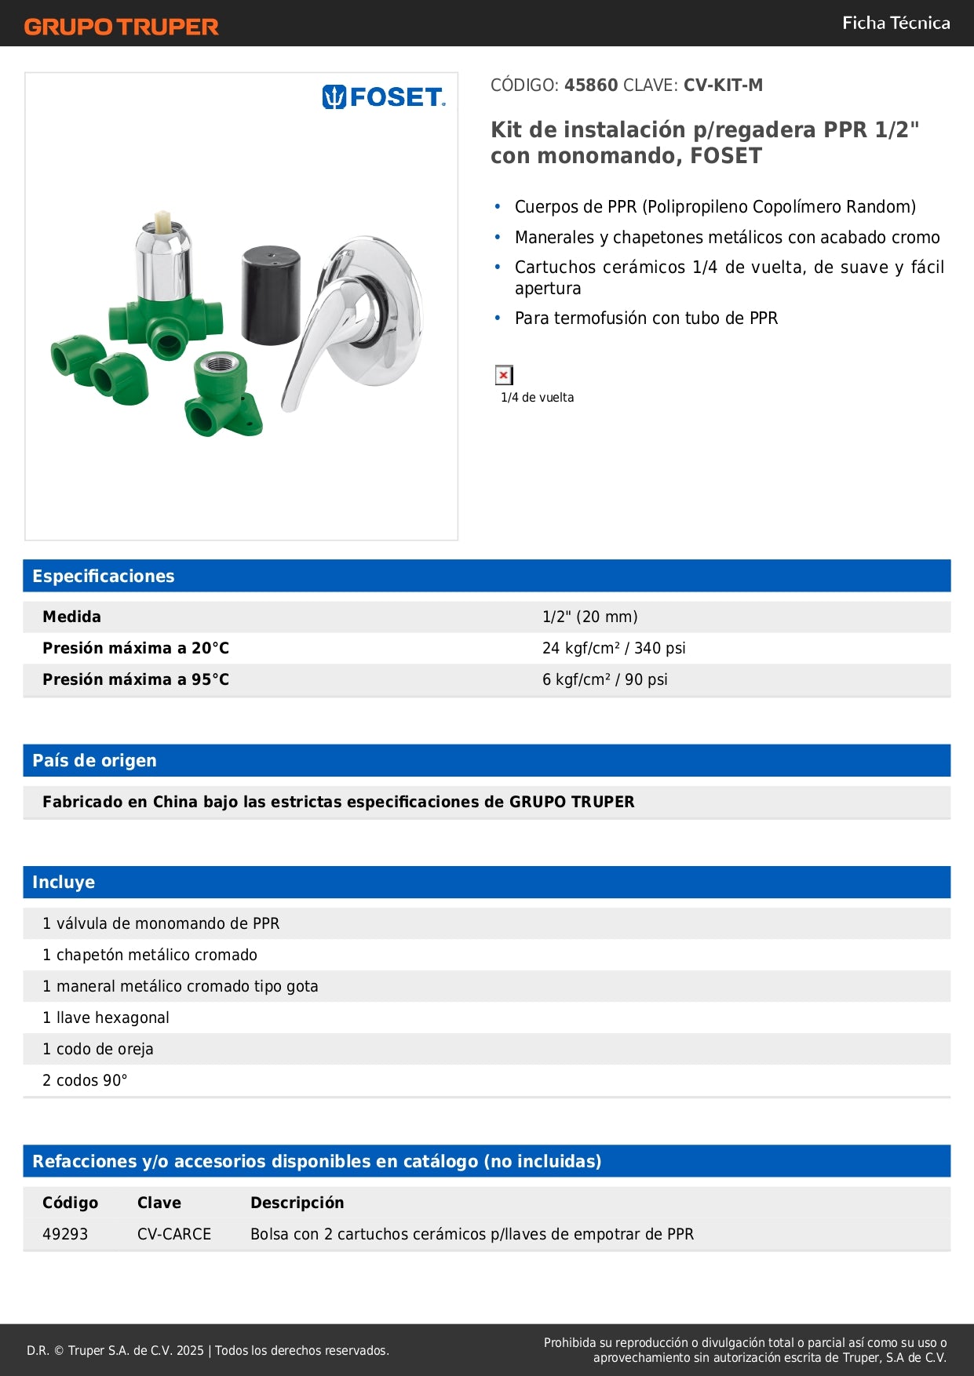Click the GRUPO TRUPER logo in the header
point(121,27)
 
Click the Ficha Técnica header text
point(896,23)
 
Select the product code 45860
point(591,85)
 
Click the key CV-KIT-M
point(723,85)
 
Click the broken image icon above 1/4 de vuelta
point(504,375)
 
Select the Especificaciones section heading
point(104,576)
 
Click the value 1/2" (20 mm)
point(589,617)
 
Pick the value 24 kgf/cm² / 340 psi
point(613,648)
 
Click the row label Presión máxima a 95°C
point(136,679)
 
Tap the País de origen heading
point(94,760)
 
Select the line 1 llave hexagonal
point(106,1017)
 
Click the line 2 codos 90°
point(85,1080)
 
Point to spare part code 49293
point(65,1234)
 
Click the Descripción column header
point(297,1203)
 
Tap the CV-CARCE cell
point(174,1234)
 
